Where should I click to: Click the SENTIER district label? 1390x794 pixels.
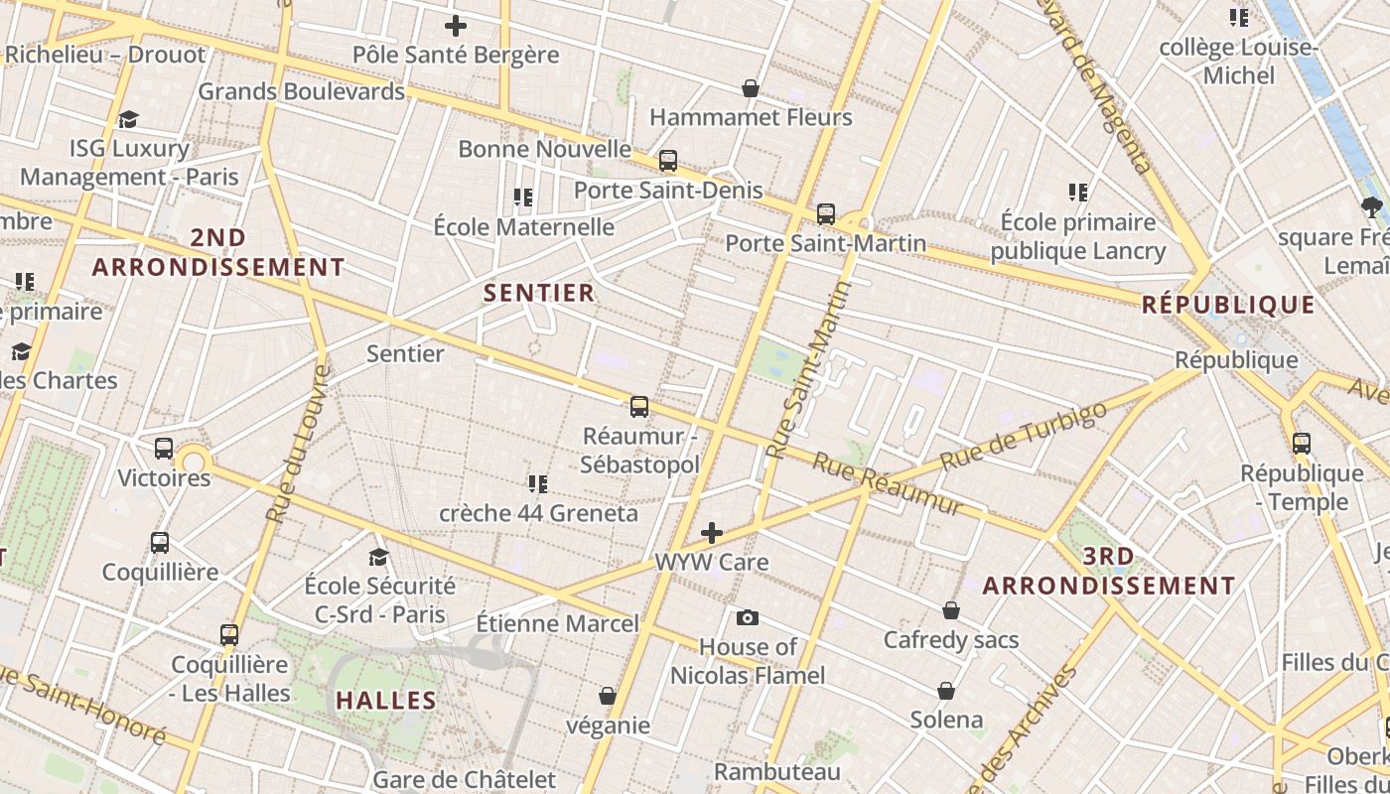click(539, 293)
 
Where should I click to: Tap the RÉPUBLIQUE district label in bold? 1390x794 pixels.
click(1228, 305)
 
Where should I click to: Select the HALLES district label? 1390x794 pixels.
click(386, 701)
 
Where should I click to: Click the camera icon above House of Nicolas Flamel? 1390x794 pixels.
click(748, 618)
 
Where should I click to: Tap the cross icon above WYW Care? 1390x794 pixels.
click(712, 533)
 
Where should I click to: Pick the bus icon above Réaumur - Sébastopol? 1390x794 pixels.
click(639, 407)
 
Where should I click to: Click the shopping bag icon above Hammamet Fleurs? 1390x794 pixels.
click(751, 88)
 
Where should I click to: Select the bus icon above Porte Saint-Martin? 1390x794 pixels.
click(826, 214)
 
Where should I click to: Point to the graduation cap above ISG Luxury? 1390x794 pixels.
click(128, 120)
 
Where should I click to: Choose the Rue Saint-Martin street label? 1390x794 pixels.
click(809, 369)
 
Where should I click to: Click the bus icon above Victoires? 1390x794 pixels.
click(164, 449)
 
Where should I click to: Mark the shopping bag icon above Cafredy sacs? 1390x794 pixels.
click(951, 610)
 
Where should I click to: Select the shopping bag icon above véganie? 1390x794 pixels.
click(608, 697)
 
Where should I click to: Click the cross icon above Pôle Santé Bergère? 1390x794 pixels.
click(456, 26)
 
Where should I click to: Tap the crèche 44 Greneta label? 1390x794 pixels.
click(538, 514)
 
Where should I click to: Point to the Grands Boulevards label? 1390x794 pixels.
click(301, 91)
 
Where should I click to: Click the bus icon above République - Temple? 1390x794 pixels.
click(1302, 444)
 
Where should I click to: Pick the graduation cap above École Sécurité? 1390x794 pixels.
click(378, 557)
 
